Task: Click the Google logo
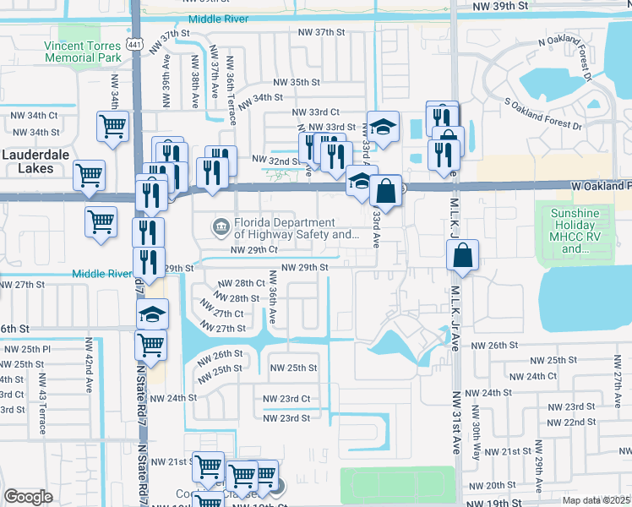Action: click(28, 497)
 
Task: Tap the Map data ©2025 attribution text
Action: click(596, 500)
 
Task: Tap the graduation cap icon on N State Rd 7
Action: click(151, 314)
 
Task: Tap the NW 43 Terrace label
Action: click(41, 409)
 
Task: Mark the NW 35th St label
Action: click(297, 82)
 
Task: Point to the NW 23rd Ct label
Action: click(286, 399)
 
